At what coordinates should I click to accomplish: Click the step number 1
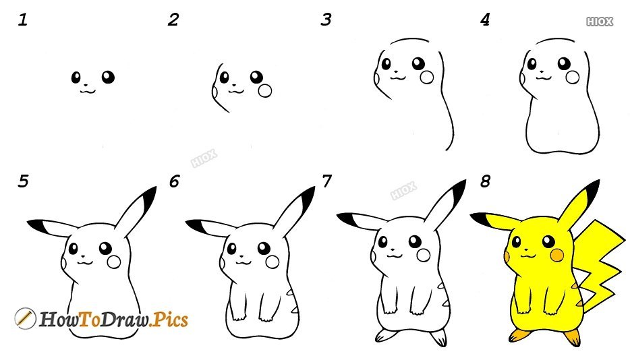[22, 20]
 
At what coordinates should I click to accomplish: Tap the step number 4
[485, 20]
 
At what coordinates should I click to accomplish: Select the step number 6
[174, 181]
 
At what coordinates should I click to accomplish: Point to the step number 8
[486, 181]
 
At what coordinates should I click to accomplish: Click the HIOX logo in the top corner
[600, 22]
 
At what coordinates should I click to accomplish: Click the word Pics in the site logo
[171, 320]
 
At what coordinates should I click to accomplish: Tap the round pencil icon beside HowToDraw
[25, 318]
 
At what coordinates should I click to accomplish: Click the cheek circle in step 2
[265, 91]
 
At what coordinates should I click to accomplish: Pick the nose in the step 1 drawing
[86, 85]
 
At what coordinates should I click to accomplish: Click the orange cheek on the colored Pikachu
[557, 255]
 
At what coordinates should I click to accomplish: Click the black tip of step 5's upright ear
[149, 198]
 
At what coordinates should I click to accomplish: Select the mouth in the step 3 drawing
[398, 78]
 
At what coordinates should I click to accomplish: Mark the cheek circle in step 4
[573, 77]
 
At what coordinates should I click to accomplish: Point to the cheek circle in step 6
[273, 262]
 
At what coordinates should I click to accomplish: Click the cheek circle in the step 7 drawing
[424, 255]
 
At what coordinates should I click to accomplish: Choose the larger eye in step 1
[108, 77]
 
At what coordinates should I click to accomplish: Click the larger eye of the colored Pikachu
[548, 241]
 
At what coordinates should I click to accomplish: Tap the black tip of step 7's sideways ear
[346, 219]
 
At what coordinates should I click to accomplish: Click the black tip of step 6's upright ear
[308, 198]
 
